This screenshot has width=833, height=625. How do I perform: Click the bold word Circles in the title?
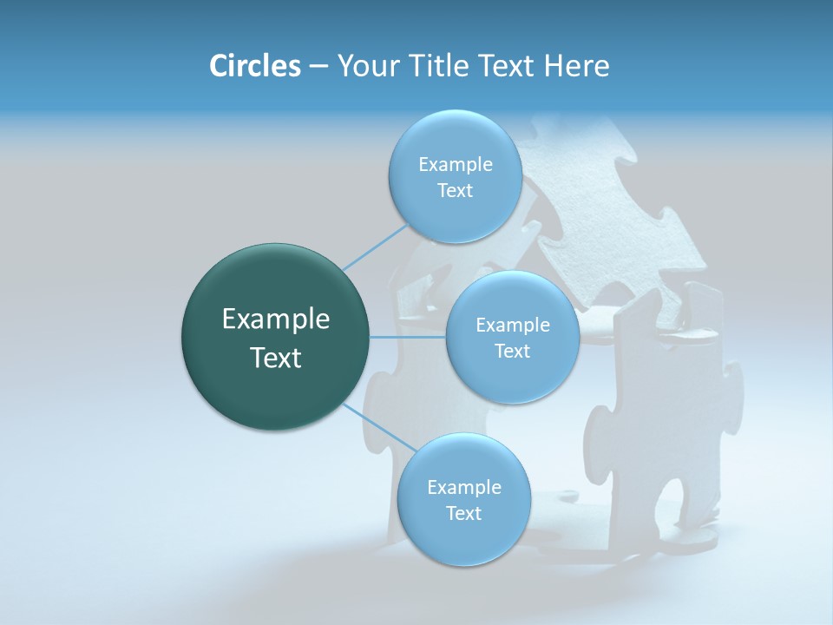pyautogui.click(x=255, y=66)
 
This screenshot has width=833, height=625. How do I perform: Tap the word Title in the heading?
pyautogui.click(x=435, y=66)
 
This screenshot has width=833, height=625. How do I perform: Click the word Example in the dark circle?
pyautogui.click(x=276, y=319)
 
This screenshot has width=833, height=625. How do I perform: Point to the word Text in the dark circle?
pyautogui.click(x=276, y=358)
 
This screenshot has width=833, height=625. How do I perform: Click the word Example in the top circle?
pyautogui.click(x=456, y=165)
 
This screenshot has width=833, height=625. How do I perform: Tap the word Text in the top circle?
pyautogui.click(x=455, y=191)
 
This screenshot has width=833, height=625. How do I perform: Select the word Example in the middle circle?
pyautogui.click(x=513, y=326)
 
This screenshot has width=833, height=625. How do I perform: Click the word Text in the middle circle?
pyautogui.click(x=512, y=352)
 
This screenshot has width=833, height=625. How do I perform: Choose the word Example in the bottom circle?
pyautogui.click(x=464, y=488)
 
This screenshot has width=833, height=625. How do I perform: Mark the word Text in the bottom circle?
pyautogui.click(x=463, y=514)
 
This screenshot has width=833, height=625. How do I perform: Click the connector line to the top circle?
pyautogui.click(x=375, y=247)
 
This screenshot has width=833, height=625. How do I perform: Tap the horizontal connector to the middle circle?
pyautogui.click(x=408, y=337)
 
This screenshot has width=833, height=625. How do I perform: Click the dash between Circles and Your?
pyautogui.click(x=318, y=67)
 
